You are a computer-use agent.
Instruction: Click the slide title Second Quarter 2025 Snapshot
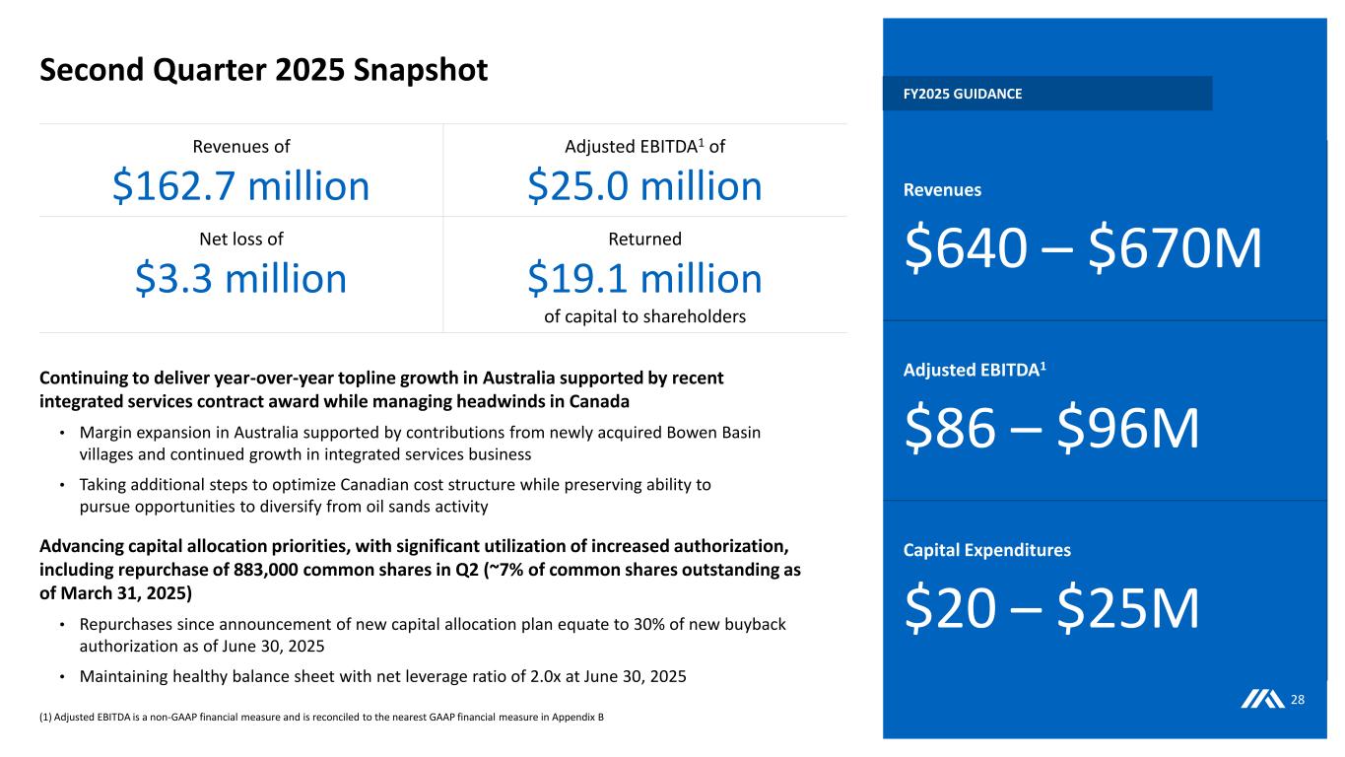point(263,70)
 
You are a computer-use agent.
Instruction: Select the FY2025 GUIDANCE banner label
point(963,94)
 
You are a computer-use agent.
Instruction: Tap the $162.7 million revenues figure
point(240,185)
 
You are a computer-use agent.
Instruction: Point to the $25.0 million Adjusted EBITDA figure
point(644,185)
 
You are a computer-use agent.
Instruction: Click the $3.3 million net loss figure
point(240,278)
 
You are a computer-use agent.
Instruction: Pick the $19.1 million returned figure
point(644,278)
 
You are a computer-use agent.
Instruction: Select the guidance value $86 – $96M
point(1050,429)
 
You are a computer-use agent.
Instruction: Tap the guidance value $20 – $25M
point(1050,609)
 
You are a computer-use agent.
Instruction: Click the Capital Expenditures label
point(986,550)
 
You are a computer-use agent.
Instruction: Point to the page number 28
point(1298,700)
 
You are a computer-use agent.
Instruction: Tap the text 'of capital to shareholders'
point(644,316)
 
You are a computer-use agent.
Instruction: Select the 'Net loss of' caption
point(240,238)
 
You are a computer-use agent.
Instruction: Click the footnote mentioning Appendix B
point(321,717)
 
